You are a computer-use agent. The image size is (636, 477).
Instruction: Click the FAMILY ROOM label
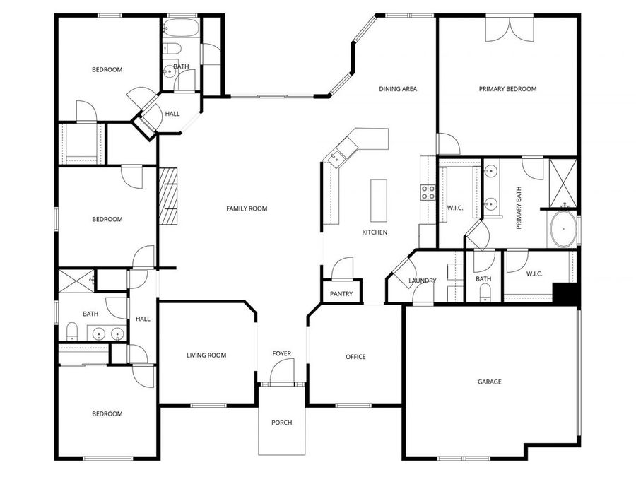(247, 208)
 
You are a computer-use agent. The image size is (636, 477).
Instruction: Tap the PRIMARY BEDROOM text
(507, 89)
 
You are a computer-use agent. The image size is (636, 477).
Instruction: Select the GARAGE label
(489, 382)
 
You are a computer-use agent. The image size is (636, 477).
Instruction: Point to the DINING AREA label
(398, 89)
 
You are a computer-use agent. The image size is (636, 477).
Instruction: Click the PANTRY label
(341, 293)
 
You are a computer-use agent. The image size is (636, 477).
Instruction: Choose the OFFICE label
(355, 357)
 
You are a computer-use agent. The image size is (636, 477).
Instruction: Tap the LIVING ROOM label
(206, 355)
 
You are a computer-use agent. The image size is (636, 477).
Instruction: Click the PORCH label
(281, 423)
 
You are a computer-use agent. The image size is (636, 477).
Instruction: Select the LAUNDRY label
(423, 281)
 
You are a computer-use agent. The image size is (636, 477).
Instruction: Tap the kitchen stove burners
(428, 193)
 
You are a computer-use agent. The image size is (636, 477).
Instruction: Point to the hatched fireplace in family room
(170, 196)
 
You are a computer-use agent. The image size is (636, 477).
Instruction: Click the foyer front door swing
(282, 370)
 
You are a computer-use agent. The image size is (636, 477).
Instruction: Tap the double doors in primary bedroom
(507, 28)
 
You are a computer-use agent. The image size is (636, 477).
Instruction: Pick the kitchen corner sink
(337, 157)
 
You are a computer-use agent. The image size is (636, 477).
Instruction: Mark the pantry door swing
(342, 269)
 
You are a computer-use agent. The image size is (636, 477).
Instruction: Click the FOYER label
(282, 353)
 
